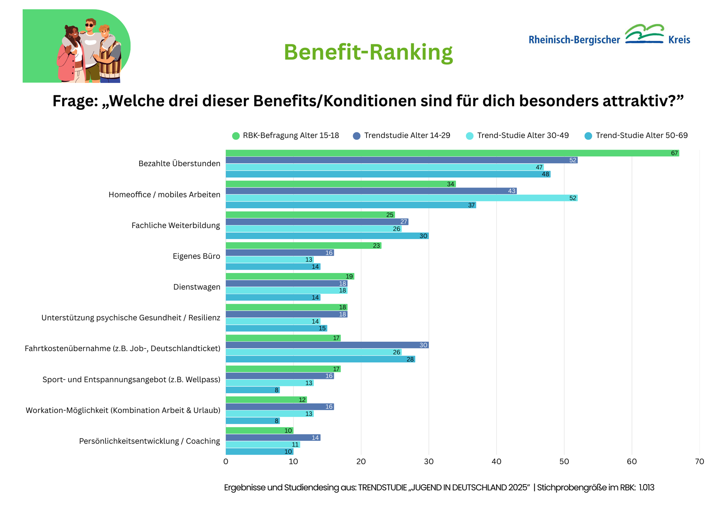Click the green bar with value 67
(x=452, y=153)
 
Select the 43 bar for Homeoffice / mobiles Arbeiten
(x=371, y=191)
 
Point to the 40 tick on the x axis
(x=496, y=461)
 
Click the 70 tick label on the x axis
(x=699, y=461)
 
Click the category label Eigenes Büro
(x=196, y=256)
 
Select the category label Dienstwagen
(x=197, y=287)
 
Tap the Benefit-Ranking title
(x=368, y=52)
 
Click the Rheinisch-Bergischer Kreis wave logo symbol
(x=644, y=34)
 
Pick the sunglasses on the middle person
(x=89, y=25)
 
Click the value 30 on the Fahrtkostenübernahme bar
(x=423, y=345)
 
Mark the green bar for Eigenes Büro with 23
(x=303, y=245)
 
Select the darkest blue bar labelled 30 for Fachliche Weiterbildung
(x=327, y=236)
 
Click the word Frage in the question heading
(x=73, y=101)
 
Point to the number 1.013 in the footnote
(x=646, y=487)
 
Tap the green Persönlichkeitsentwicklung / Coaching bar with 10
(x=259, y=431)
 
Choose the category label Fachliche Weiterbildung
(x=175, y=225)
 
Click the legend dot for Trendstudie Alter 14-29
(x=356, y=136)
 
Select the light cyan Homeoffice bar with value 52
(x=401, y=198)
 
